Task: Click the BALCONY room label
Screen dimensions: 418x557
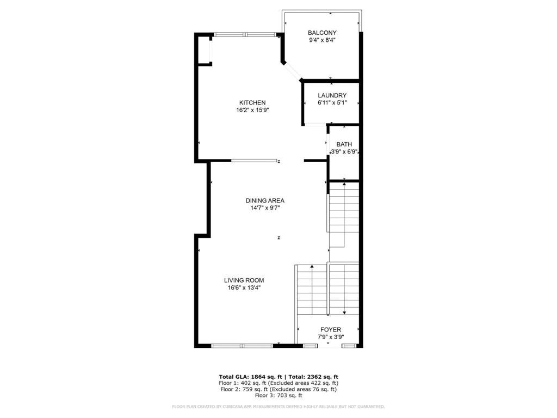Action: [322, 33]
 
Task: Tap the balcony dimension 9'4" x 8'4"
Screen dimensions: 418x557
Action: [322, 40]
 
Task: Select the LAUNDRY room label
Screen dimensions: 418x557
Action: [332, 95]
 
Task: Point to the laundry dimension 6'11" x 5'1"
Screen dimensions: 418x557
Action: [332, 102]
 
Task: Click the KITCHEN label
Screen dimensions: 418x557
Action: [252, 102]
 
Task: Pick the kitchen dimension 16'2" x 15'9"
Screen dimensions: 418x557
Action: [252, 109]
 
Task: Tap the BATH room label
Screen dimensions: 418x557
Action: [344, 144]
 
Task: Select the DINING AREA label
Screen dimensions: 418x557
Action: [264, 200]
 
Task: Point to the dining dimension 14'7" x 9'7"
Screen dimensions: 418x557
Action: [264, 207]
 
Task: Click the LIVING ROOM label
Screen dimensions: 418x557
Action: [244, 280]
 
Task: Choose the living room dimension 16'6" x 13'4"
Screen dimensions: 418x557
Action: [244, 288]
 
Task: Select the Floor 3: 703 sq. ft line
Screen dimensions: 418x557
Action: [278, 396]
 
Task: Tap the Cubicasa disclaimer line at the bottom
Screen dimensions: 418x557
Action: [278, 407]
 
